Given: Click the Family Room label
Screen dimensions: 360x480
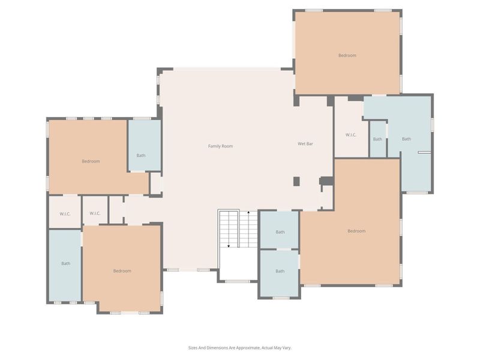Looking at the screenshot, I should tap(220, 146).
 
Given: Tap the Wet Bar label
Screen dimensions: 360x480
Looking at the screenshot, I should tap(306, 144).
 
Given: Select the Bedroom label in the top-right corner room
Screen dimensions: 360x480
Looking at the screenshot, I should tap(347, 56).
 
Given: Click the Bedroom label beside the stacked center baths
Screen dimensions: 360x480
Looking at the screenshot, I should tap(356, 231).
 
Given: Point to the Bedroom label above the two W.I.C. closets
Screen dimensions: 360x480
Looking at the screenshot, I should tap(91, 161).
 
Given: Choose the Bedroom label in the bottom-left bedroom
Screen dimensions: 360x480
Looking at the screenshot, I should tap(122, 271).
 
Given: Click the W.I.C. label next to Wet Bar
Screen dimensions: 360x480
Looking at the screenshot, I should tap(351, 135).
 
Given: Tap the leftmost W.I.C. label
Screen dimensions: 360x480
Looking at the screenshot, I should tap(65, 214).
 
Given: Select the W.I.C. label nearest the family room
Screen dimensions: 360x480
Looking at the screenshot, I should tap(95, 214).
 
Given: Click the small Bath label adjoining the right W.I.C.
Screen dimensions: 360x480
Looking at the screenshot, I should tap(377, 139).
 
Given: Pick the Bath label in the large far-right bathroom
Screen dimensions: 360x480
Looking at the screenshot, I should tap(406, 139).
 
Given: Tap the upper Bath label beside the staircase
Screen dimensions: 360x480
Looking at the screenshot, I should tap(280, 232).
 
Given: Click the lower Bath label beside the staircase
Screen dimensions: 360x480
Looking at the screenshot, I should tap(280, 271).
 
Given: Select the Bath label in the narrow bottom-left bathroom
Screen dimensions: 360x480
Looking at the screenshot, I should tap(65, 263).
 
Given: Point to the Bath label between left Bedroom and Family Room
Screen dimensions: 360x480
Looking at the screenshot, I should tap(141, 156).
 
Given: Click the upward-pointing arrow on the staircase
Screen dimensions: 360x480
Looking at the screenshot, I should tap(248, 214).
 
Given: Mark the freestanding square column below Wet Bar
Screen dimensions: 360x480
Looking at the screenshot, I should tap(296, 181).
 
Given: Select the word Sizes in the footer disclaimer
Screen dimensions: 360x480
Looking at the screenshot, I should tap(194, 347).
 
